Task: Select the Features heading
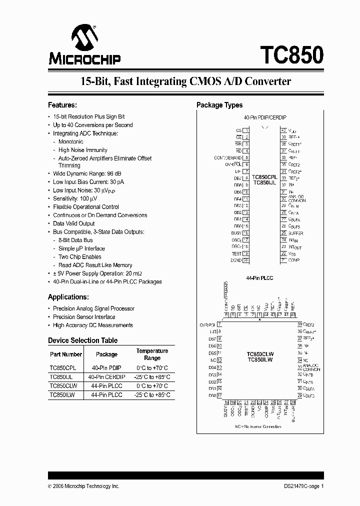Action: pos(62,105)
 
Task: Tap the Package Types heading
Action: pos(219,105)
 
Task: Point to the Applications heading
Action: pos(68,296)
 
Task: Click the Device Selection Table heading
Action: pos(83,340)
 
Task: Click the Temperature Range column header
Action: pos(152,354)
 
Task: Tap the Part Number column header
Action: pos(65,354)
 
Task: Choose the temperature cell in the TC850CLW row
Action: pos(152,386)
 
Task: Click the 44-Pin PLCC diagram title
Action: pos(260,277)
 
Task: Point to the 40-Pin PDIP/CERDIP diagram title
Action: pos(265,117)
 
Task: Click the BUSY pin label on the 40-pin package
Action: pos(236,233)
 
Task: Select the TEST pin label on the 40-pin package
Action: pos(236,253)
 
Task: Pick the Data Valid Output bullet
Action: pos(73,223)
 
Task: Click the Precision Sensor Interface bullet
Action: pos(84,317)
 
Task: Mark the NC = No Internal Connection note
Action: pos(258,426)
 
